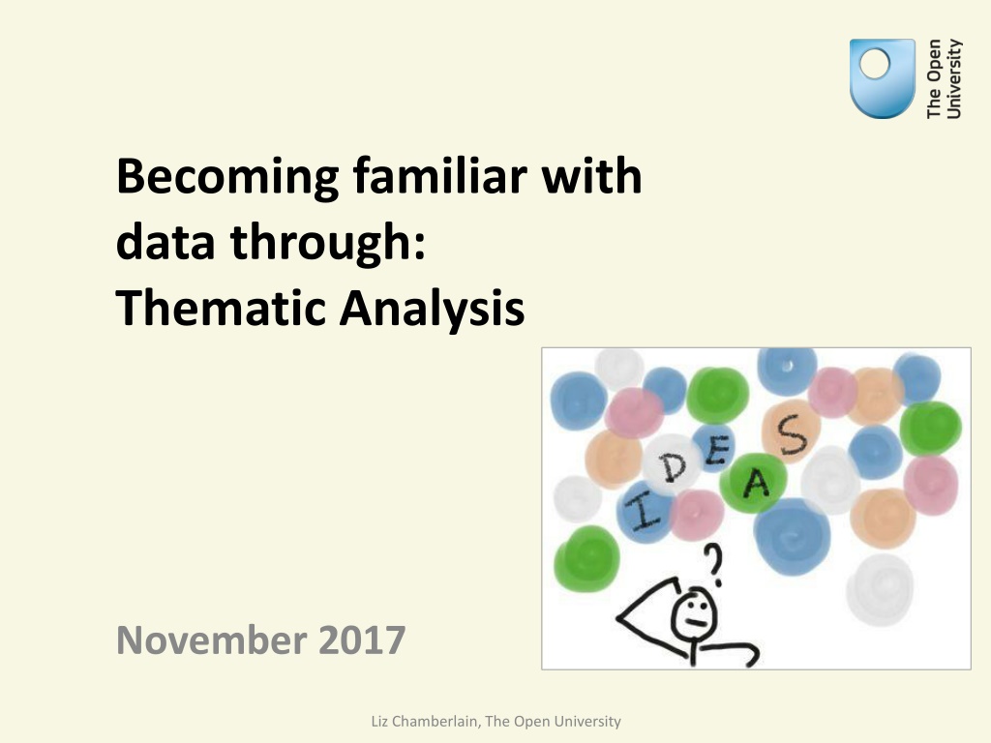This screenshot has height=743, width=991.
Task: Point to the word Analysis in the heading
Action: [433, 311]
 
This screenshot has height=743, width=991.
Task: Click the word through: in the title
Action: [327, 243]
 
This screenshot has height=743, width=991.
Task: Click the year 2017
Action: [362, 639]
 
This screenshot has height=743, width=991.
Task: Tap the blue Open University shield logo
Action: [883, 78]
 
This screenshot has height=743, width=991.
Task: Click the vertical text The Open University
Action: [944, 79]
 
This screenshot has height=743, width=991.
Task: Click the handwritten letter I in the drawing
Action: [644, 510]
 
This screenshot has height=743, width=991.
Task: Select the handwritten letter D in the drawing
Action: [673, 467]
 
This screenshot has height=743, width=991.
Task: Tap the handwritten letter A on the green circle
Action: [756, 484]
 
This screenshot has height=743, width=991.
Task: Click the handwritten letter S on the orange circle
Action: [792, 435]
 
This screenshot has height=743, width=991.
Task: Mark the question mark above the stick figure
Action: [714, 564]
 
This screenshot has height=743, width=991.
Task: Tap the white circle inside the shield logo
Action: [875, 64]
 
